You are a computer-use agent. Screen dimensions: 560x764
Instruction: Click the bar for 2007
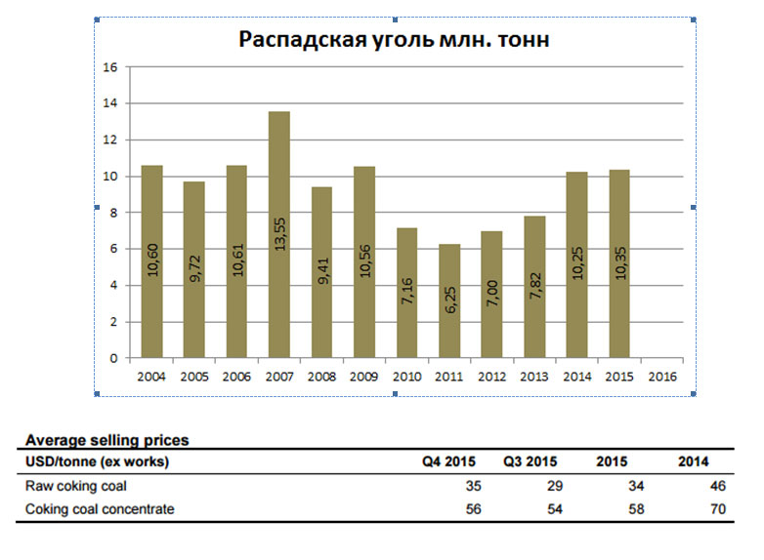[x=278, y=234]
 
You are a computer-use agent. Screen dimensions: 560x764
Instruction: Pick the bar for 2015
[x=619, y=263]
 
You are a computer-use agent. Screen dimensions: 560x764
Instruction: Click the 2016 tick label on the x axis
[x=662, y=376]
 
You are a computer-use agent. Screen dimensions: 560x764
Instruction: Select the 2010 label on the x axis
[x=406, y=376]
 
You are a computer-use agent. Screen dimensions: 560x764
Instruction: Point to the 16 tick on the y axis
[x=110, y=67]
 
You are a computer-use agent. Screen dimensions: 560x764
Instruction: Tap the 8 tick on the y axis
[x=113, y=213]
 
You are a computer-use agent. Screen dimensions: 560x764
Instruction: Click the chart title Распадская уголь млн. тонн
[x=395, y=40]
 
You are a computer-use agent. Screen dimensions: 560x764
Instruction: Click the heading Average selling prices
[x=107, y=440]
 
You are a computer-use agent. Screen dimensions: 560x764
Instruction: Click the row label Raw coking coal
[x=75, y=485]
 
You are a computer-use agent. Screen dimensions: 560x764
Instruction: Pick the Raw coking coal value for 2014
[x=718, y=485]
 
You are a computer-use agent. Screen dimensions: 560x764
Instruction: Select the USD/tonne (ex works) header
[x=97, y=460]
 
